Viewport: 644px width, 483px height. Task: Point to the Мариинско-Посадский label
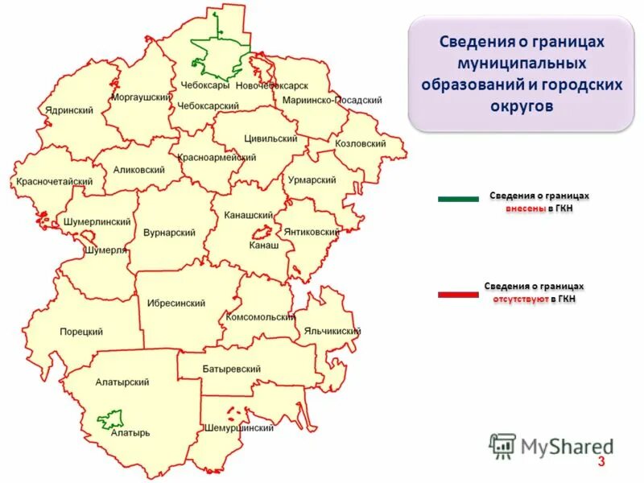[x=332, y=101]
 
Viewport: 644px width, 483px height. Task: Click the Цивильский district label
[x=270, y=138]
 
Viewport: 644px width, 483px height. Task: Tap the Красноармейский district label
[x=217, y=158]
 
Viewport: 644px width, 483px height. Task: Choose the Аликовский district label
[x=139, y=171]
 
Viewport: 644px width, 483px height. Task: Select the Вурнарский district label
[x=169, y=233]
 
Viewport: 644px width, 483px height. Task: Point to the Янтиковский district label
[x=312, y=232]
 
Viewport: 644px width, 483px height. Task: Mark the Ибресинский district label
[x=175, y=303]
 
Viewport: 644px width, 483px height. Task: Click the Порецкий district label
[x=81, y=332]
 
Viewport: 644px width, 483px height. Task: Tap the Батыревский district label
[x=231, y=369]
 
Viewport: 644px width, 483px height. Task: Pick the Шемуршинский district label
[x=239, y=428]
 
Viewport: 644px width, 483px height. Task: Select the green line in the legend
[x=458, y=199]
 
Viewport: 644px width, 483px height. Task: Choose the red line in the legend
[x=458, y=295]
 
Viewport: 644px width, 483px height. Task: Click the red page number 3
[x=600, y=461]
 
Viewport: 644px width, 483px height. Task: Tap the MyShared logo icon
[x=503, y=445]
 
